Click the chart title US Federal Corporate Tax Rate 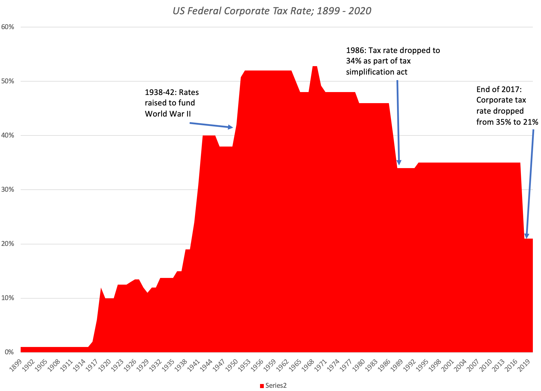point(272,11)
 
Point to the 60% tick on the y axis point(8,27)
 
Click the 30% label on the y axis point(8,190)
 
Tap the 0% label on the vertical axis point(9,352)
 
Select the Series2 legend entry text point(276,386)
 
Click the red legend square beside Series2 point(262,386)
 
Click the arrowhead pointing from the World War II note point(231,127)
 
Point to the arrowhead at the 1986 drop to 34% point(399,162)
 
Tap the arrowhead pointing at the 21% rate point(526,236)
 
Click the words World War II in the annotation point(168,114)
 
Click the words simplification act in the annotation point(376,72)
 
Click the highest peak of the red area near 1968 point(315,67)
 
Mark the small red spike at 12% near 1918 point(101,288)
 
